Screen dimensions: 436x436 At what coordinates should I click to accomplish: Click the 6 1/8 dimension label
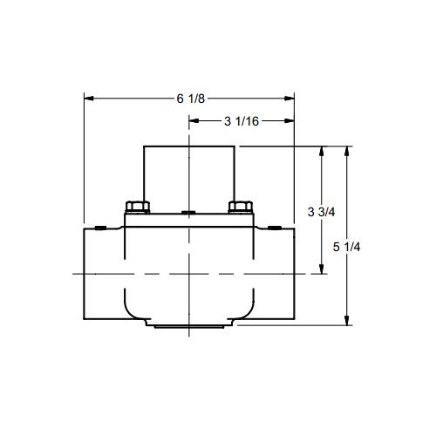click(191, 99)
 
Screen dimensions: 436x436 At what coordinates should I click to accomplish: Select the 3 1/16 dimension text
click(242, 121)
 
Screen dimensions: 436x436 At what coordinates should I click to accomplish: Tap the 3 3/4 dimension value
click(321, 212)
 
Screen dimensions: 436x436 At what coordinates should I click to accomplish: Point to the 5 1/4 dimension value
click(346, 247)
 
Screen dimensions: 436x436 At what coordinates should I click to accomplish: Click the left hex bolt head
click(138, 207)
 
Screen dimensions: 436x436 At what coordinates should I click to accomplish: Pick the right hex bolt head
click(241, 207)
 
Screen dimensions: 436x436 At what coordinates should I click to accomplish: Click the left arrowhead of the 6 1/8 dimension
click(89, 99)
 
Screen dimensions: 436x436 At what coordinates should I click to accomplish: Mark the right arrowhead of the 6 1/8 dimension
click(290, 99)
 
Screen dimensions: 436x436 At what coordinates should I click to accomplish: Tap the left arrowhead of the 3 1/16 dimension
click(194, 121)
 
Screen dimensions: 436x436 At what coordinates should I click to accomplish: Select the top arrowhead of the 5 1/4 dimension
click(346, 151)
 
